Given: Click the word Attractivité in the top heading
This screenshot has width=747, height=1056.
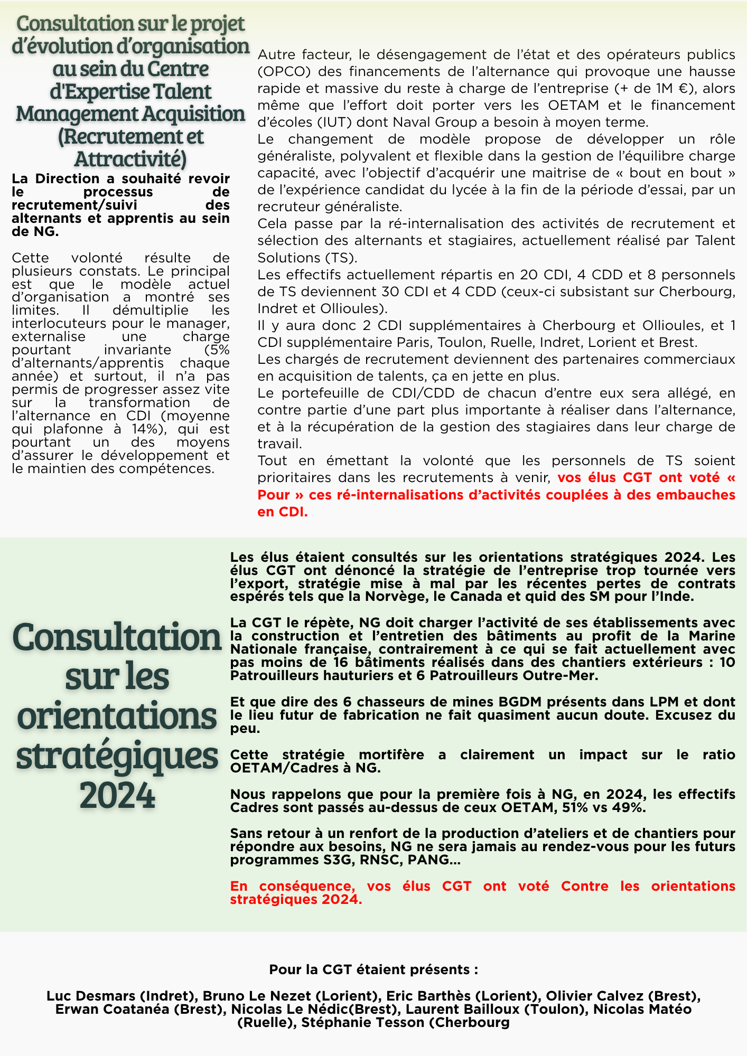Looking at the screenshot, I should coord(130,159).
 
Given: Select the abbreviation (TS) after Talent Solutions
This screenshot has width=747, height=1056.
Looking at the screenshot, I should coord(342,258).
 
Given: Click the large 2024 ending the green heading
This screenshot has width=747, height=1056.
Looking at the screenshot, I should coord(117,795).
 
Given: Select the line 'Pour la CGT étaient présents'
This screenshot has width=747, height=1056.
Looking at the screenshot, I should coord(373,969).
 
